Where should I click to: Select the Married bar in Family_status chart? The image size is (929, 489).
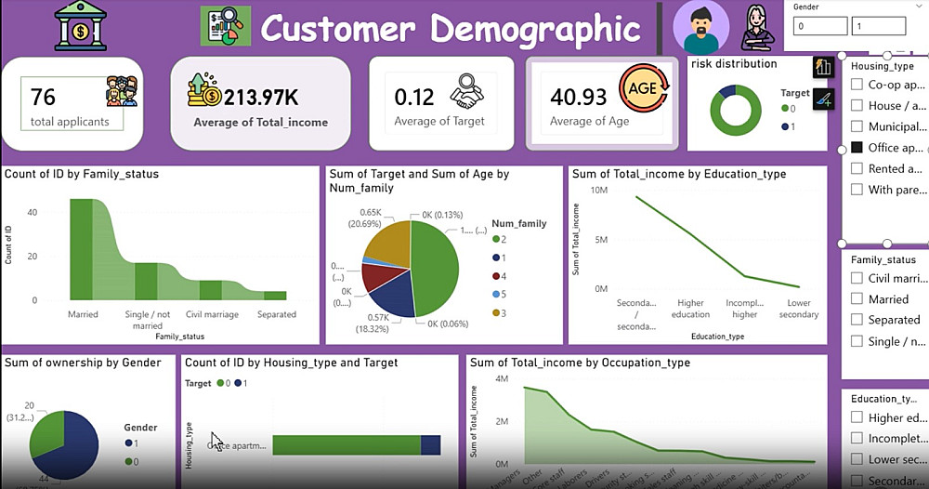point(82,249)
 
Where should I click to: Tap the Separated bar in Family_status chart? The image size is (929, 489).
point(277,297)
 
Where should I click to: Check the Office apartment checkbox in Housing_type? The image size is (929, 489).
point(857,148)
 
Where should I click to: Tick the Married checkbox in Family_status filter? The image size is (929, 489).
point(857,299)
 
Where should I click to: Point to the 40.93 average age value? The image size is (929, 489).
point(578,97)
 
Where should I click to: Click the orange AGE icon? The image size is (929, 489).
point(644,89)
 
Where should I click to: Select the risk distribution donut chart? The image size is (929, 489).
point(736,111)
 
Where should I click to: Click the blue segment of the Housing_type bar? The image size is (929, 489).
point(430,445)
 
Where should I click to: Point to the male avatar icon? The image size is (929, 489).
point(701,26)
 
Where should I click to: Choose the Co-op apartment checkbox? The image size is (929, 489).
point(857,85)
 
